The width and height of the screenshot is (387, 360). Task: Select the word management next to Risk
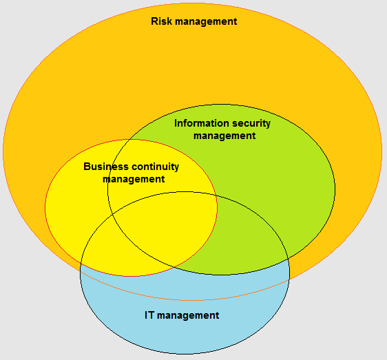tap(206, 22)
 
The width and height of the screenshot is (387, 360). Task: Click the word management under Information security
tap(224, 136)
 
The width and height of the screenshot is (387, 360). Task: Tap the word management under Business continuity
tap(134, 179)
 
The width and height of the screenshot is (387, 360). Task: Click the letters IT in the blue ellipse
tap(149, 315)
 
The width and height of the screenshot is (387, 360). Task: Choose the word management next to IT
tap(188, 315)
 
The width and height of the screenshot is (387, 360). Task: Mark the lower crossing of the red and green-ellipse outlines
tap(174, 267)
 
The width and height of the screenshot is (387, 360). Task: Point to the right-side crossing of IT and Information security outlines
tap(288, 259)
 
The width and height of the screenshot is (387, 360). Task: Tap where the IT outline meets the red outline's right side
tap(216, 195)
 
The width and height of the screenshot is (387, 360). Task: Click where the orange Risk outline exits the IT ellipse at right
tap(289, 279)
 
